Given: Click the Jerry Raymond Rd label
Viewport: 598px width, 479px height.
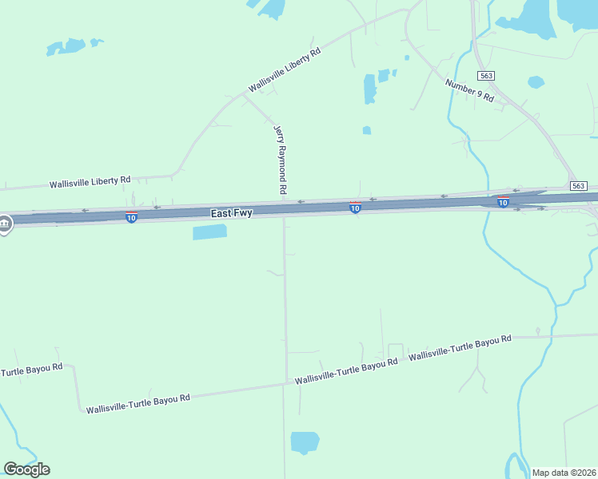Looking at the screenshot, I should click(x=280, y=160).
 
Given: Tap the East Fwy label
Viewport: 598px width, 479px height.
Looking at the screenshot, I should click(x=232, y=213).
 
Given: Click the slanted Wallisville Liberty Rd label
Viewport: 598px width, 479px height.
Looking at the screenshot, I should click(x=285, y=69).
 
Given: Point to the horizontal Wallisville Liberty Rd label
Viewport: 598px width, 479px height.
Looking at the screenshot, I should click(x=90, y=182).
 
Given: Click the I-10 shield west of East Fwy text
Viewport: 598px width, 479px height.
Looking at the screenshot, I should click(x=131, y=217).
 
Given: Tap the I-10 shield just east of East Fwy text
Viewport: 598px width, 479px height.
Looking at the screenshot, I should click(x=355, y=208).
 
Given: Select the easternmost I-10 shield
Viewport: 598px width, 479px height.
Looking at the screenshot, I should click(x=503, y=202).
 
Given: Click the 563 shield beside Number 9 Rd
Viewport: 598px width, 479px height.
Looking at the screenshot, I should click(x=486, y=75).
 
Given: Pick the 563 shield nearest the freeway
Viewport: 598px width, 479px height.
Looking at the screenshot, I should click(x=579, y=185).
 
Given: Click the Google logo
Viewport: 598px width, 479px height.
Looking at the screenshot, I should click(x=26, y=469).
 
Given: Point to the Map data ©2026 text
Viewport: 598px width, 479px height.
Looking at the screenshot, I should click(x=563, y=473).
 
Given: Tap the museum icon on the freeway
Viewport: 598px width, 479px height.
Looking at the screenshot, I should click(x=5, y=224).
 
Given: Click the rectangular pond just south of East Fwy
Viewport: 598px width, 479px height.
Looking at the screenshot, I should click(x=209, y=232).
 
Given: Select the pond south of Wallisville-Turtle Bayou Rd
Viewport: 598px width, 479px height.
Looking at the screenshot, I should click(x=305, y=441).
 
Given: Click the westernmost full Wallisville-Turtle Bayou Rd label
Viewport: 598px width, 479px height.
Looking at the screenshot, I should click(x=138, y=403).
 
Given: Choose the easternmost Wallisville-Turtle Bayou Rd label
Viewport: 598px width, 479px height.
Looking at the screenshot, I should click(x=460, y=348).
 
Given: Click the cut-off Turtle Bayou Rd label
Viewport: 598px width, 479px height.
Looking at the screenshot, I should click(x=31, y=371).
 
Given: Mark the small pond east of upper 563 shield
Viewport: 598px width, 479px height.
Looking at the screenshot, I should click(x=536, y=81).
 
